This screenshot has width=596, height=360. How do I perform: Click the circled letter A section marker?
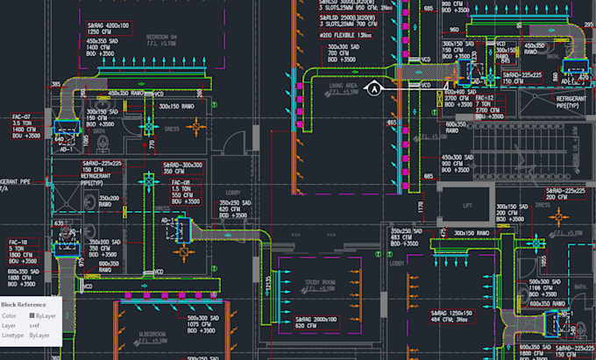click(375, 88)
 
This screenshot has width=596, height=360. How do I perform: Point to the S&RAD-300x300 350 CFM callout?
click(180, 167)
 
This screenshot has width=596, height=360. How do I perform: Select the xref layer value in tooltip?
click(35, 325)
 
